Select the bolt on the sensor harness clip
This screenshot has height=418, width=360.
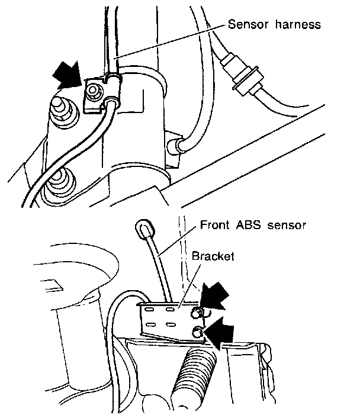(x=93, y=91)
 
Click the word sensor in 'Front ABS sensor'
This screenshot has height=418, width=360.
(x=288, y=226)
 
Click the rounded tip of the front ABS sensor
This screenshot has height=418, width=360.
(x=144, y=227)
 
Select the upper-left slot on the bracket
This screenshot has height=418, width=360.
(x=150, y=308)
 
